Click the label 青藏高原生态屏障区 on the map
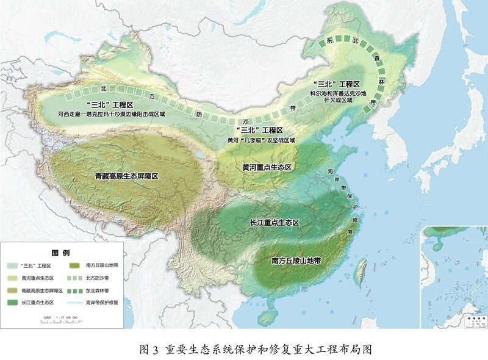point(127,176)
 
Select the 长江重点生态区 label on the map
point(275,223)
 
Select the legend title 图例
point(60,252)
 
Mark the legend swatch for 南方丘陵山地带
point(74,266)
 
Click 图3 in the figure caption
point(149,350)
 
